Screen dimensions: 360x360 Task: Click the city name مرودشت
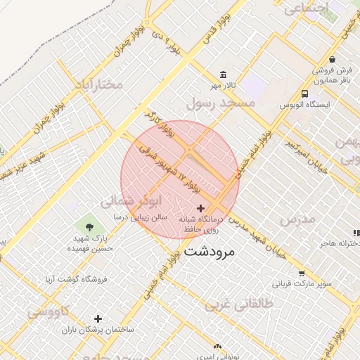pos(210,251)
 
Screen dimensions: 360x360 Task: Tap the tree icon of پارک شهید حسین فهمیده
pos(89,226)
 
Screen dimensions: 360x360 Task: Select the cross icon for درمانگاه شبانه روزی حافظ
pos(202,208)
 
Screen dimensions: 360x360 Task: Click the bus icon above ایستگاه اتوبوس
pos(304,94)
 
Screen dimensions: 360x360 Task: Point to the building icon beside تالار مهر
pos(224,75)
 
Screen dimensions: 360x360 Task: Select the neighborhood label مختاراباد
pos(98,84)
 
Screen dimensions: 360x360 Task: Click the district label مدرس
pos(298,219)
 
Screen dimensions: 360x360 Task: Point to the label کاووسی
pos(49,311)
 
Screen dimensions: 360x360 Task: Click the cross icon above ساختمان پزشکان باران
pos(98,319)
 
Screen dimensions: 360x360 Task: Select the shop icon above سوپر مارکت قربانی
pos(302,274)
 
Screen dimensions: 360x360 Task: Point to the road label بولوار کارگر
pos(159,121)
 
